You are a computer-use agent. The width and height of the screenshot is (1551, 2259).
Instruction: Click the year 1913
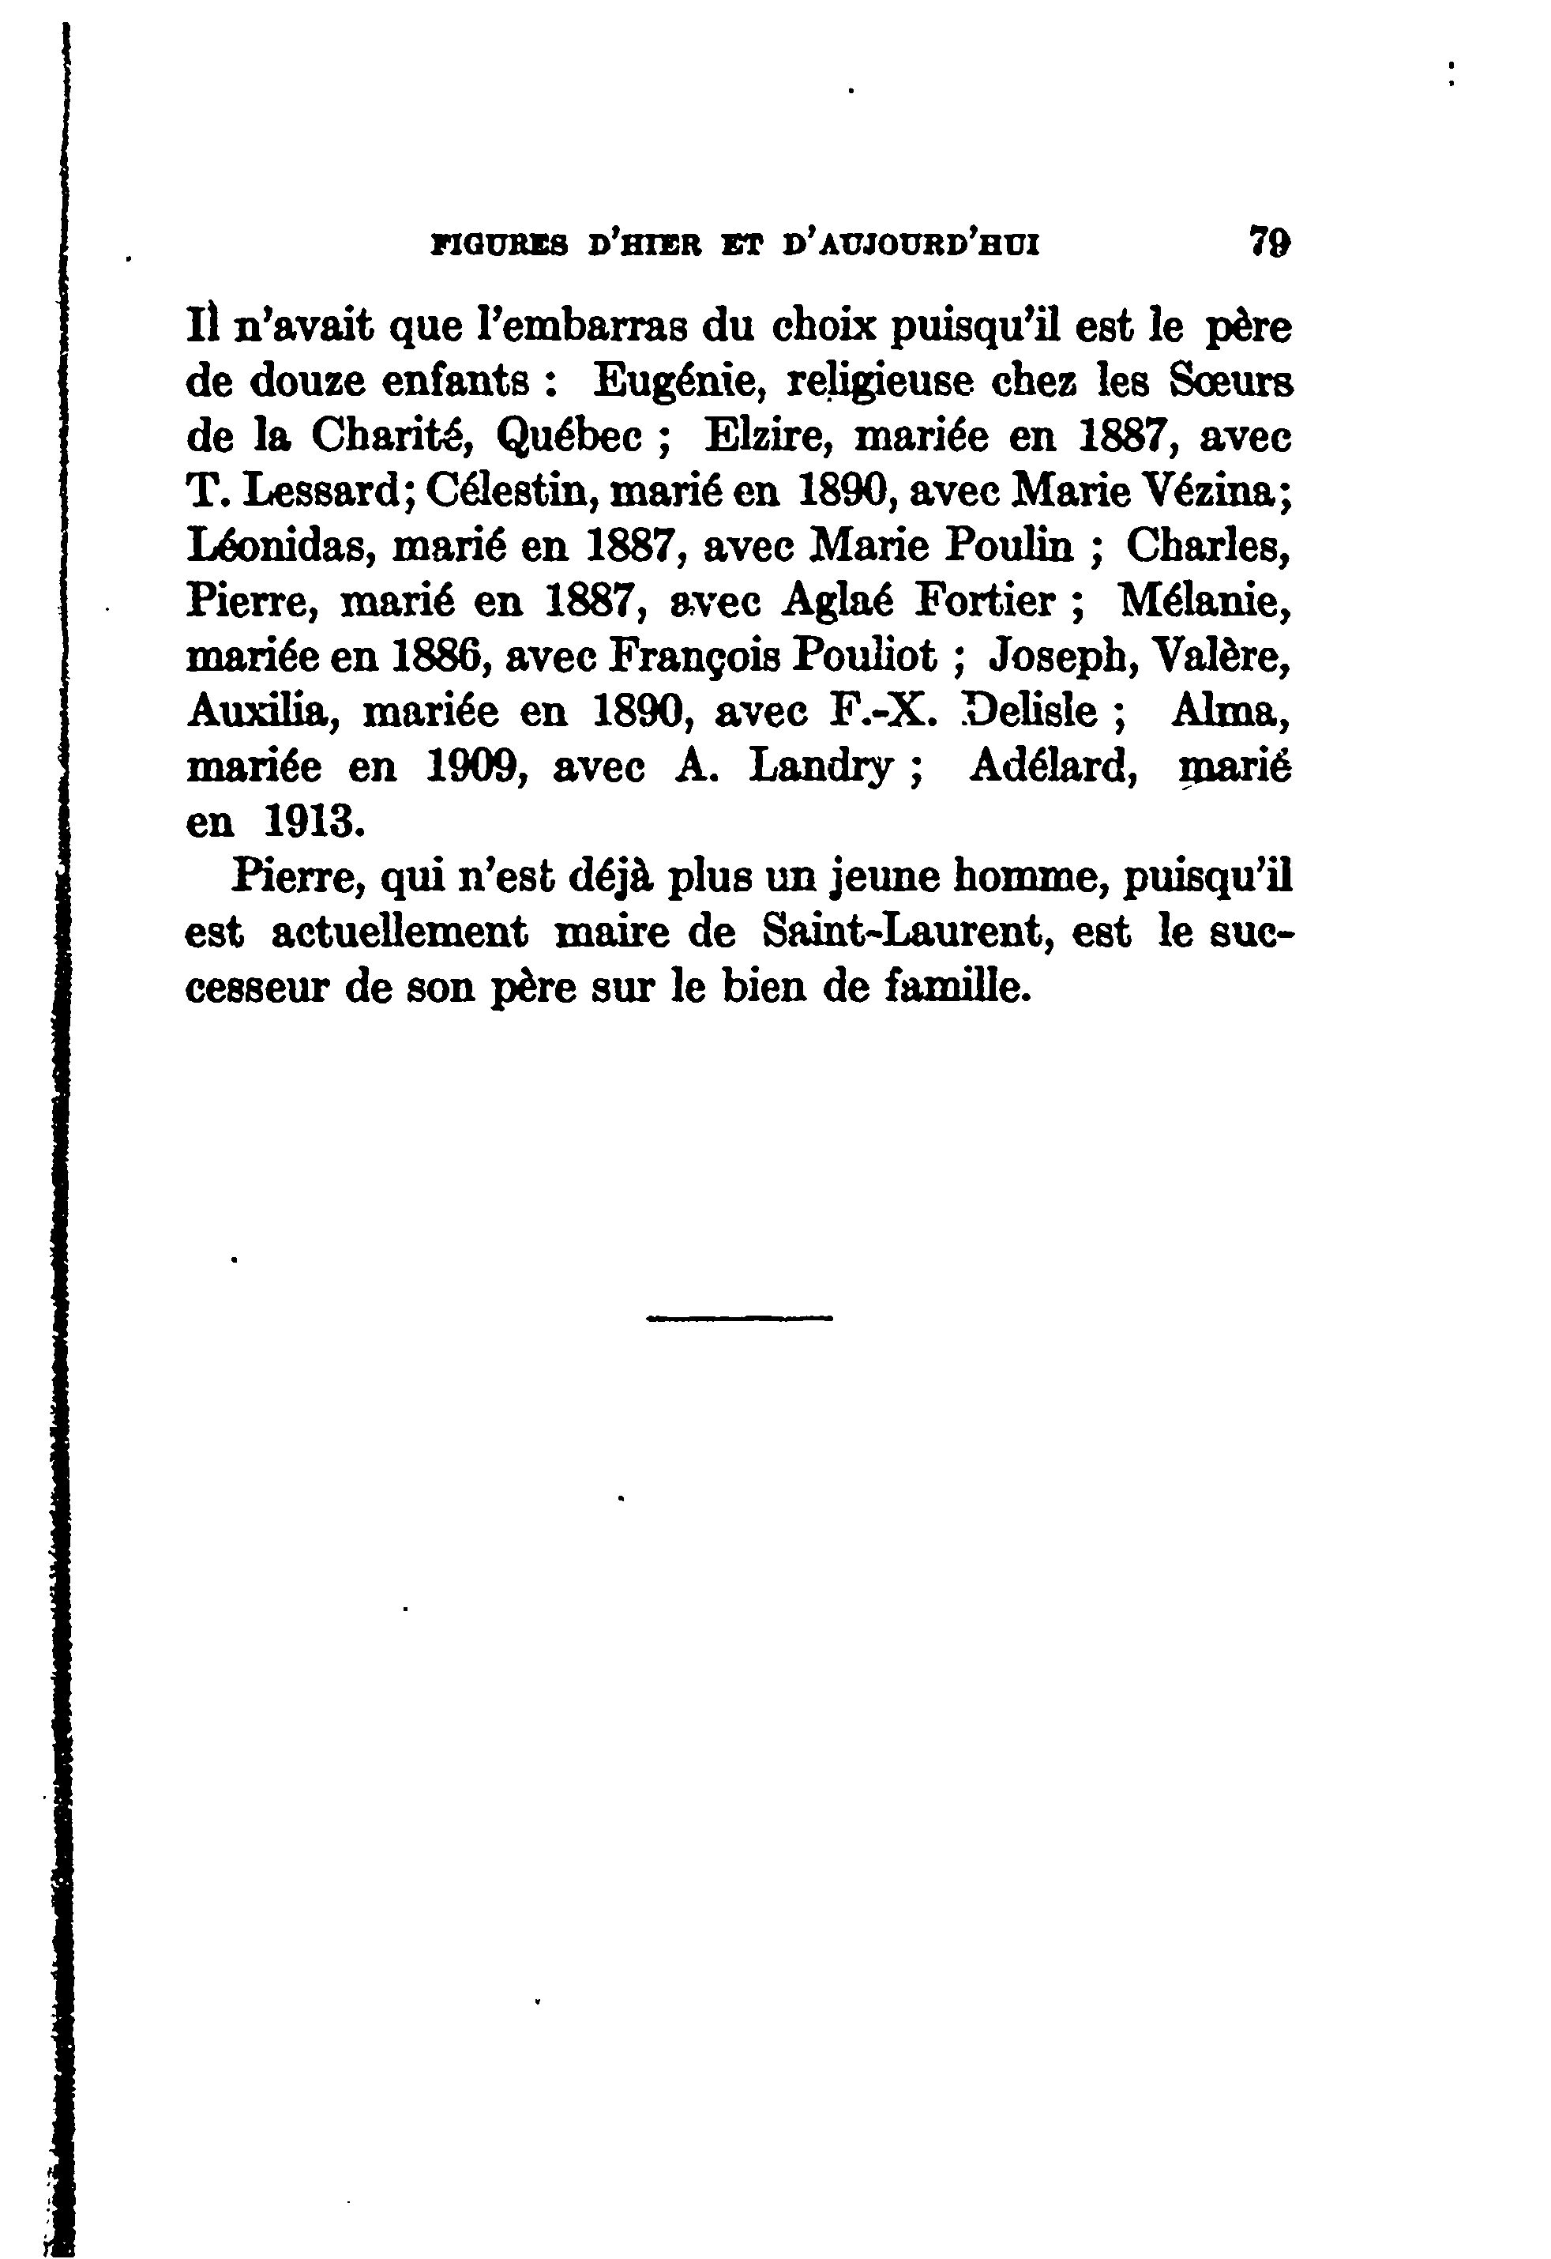(x=313, y=823)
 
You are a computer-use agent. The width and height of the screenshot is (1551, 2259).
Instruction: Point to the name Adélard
(x=1053, y=768)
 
